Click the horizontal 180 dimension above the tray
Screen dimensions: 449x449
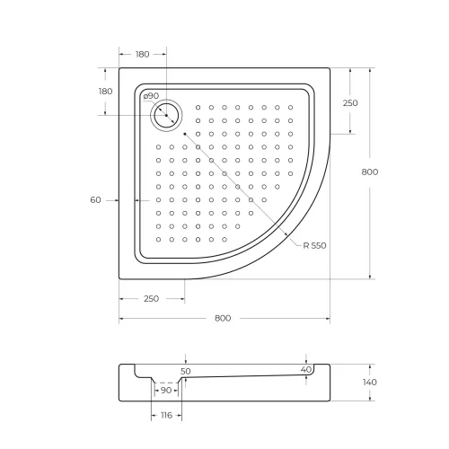coord(143,54)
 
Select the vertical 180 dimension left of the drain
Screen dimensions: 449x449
coord(105,92)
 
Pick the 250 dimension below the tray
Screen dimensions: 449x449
coord(150,298)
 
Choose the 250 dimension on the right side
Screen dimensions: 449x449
coord(350,103)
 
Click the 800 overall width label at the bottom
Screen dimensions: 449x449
coord(223,319)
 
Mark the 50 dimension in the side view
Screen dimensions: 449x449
coord(185,370)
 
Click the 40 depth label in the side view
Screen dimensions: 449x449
coord(306,369)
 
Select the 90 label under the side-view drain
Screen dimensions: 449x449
coord(166,391)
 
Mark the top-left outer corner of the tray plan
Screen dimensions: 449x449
coord(119,69)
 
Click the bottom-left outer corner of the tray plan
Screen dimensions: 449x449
coord(119,278)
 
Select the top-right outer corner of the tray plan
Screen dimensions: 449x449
coord(330,69)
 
